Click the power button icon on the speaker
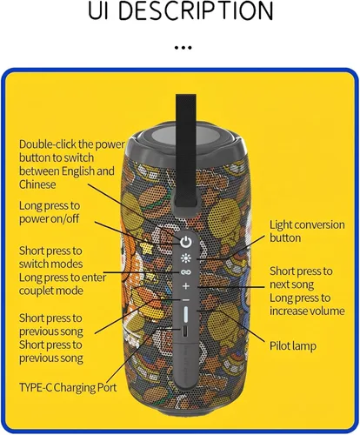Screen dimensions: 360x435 tap(186, 242)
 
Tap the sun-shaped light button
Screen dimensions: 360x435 tap(186, 258)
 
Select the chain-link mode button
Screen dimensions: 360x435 tap(186, 272)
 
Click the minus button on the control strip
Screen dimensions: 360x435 tap(186, 300)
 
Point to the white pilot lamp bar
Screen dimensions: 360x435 tap(186, 314)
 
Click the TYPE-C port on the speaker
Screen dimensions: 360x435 tap(185, 332)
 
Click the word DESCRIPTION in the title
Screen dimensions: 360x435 tap(197, 11)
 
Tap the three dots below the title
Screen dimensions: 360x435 tap(183, 48)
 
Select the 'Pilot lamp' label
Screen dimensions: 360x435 tap(293, 346)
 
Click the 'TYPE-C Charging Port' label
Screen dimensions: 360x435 tap(68, 387)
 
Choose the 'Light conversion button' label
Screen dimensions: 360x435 tap(307, 231)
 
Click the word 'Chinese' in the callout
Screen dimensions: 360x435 tap(37, 184)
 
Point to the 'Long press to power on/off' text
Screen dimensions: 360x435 tap(50, 212)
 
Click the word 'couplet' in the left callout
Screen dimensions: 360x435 tap(37, 291)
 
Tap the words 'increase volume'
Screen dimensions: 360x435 tap(307, 311)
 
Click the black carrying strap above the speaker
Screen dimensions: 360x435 tap(186, 151)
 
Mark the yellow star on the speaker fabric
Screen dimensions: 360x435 tap(146, 248)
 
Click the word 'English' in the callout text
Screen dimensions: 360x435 tap(78, 171)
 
